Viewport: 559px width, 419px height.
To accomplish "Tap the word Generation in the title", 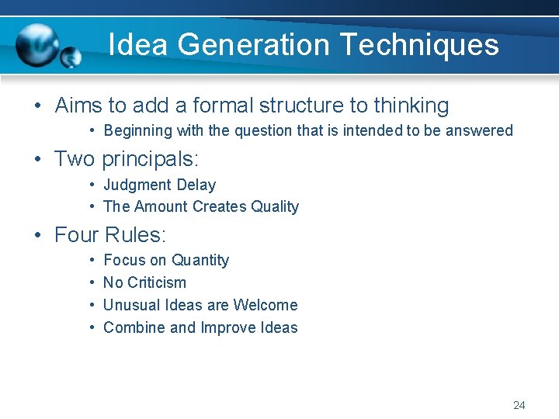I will click(x=254, y=45).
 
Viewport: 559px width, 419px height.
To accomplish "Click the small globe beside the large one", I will click(x=71, y=57).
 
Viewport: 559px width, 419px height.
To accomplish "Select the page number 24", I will click(x=519, y=405).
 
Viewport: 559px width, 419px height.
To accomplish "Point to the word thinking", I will click(x=411, y=106).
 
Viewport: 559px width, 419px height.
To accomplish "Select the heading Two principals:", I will click(x=127, y=159).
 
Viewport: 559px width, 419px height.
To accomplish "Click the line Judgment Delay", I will click(x=159, y=185).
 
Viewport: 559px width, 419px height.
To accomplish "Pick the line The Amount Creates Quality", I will click(x=200, y=206).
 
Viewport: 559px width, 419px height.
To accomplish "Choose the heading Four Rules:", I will click(x=110, y=234).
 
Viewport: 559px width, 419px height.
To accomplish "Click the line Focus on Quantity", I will click(x=166, y=260).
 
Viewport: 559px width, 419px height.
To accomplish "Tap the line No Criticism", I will click(x=144, y=282).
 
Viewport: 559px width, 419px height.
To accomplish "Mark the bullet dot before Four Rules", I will click(x=38, y=235).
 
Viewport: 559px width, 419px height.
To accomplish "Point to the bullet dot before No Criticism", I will click(x=92, y=282).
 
